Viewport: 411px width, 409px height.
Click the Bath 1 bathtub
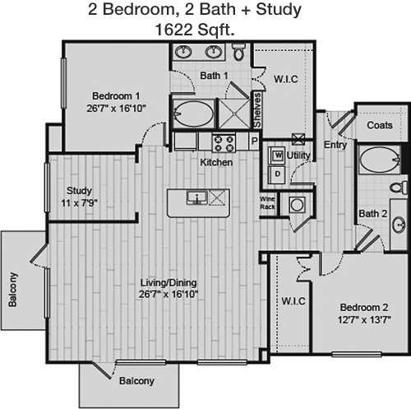point(194,114)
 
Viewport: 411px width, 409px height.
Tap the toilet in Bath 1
point(238,52)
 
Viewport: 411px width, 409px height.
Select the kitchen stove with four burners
point(224,143)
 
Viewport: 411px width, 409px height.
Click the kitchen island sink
point(196,198)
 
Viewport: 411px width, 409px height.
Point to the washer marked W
point(278,156)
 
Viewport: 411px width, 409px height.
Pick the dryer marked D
point(277,174)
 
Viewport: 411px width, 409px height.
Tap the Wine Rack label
point(267,203)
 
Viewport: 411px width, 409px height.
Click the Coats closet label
point(380,125)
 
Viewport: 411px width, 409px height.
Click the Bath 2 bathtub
point(380,160)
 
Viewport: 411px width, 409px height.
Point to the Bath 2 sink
point(399,225)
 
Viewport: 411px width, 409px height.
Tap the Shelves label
point(257,110)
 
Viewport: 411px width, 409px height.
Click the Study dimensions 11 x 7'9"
point(79,203)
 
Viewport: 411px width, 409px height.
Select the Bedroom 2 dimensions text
point(364,320)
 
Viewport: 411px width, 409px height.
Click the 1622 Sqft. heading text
point(195,30)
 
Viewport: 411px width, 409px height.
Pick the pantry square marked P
point(255,142)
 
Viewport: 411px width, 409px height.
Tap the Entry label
point(335,145)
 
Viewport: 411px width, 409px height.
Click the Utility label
point(298,156)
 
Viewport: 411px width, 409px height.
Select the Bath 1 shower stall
point(235,114)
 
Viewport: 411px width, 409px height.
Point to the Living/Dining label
point(169,282)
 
